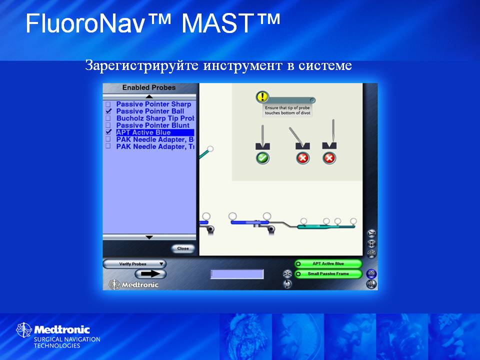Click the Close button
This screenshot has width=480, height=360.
tap(183, 248)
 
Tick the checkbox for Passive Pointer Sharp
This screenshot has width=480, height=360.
tap(108, 104)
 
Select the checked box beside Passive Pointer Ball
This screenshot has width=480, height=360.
tap(108, 111)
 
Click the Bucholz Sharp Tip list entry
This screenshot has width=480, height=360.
tap(155, 118)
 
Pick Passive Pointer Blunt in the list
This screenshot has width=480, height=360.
tap(153, 125)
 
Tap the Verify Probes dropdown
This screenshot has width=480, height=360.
tap(134, 264)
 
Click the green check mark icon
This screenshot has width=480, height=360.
tap(262, 158)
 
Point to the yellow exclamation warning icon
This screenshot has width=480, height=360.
tap(262, 96)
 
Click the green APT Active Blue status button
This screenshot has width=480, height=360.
tap(328, 263)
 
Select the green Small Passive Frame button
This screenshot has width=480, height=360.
tap(328, 273)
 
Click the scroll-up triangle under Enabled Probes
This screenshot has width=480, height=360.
tap(149, 96)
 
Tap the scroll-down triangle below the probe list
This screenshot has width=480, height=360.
tap(149, 237)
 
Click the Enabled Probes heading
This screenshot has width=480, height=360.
tap(149, 87)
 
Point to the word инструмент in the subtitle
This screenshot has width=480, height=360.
tap(242, 65)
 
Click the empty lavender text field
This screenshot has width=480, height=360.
tap(237, 274)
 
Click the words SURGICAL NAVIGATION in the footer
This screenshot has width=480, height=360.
tap(67, 339)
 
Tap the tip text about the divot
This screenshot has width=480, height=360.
tap(287, 110)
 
